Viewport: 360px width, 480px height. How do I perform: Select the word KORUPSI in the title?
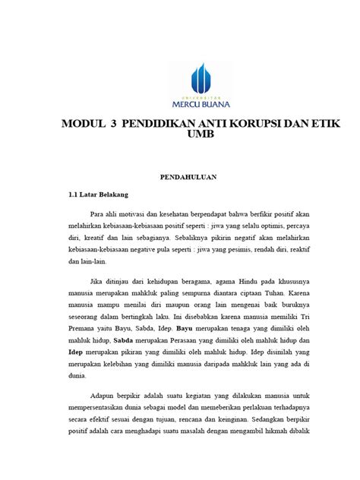[x=254, y=125]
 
